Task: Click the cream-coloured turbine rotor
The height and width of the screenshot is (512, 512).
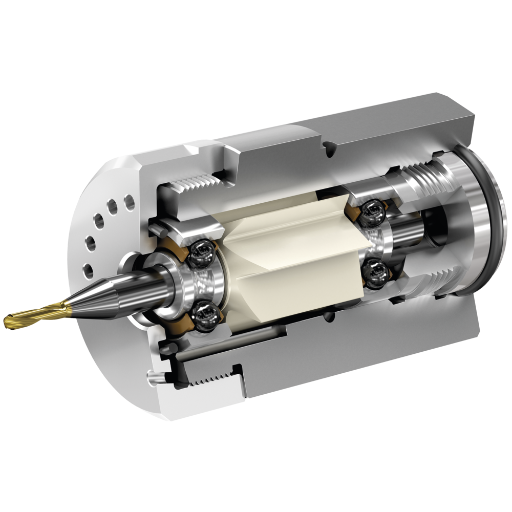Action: click(x=287, y=256)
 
